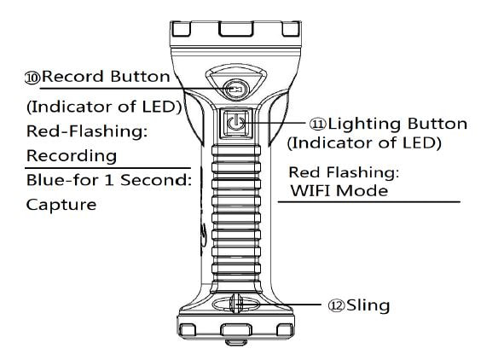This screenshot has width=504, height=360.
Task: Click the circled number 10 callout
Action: [33, 77]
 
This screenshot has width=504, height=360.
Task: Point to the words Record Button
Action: [106, 76]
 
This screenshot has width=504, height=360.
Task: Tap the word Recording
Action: [71, 156]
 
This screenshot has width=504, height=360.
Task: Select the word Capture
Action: [61, 205]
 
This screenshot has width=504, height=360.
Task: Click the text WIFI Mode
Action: [339, 190]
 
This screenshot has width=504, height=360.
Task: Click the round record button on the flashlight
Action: [235, 89]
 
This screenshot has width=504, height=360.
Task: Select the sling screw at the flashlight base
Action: [237, 305]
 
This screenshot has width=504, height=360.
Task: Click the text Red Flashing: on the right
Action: [344, 172]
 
